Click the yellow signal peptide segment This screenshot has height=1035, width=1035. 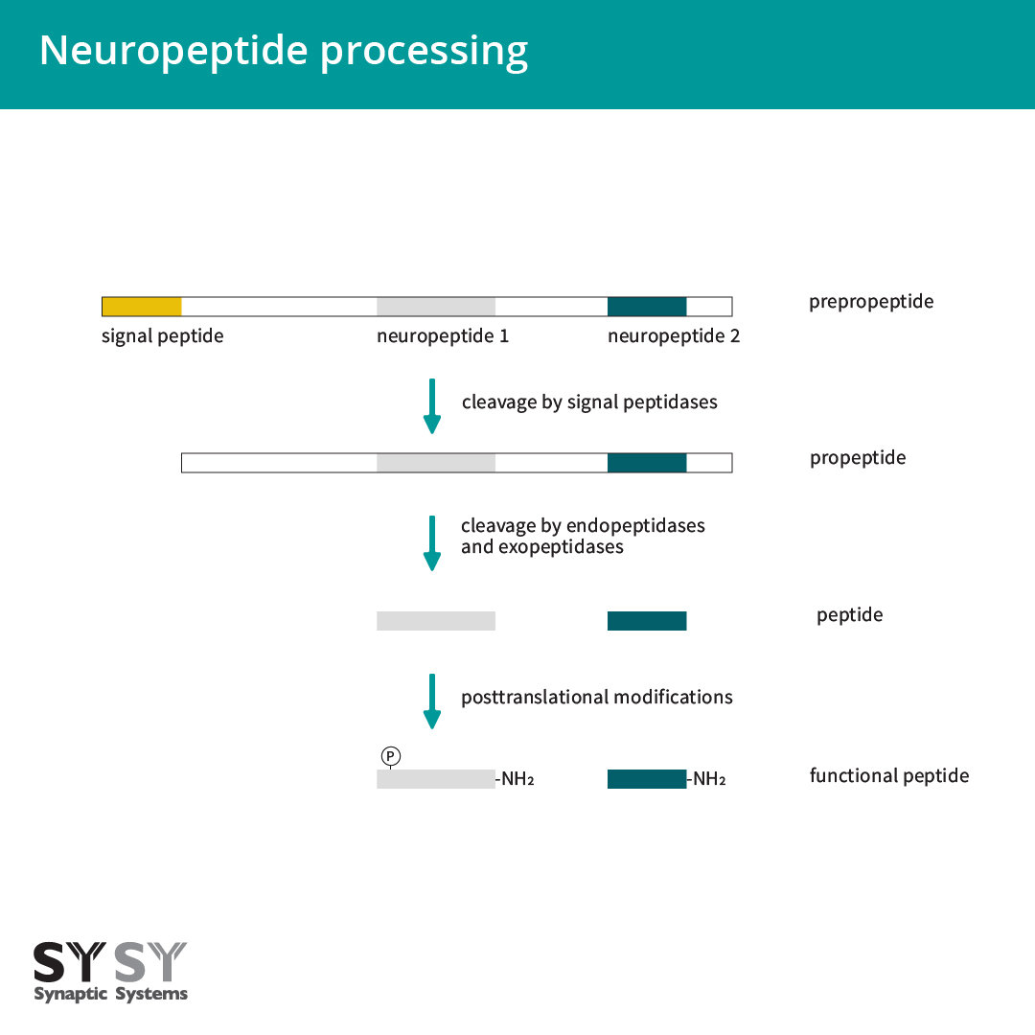coord(142,307)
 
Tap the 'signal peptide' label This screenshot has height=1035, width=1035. coord(162,336)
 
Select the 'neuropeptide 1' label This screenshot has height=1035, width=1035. coord(443,336)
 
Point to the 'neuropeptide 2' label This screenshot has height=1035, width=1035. coord(674,336)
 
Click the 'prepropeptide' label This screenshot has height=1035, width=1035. coord(871,302)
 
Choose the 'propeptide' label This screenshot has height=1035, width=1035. coord(858,458)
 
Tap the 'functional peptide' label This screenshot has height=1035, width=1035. coord(889,775)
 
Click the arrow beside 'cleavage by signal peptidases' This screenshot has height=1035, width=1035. coord(431,406)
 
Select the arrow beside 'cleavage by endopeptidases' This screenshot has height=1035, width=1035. coord(431,542)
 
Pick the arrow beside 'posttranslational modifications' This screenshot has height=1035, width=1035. coord(431,701)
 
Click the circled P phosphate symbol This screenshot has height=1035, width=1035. coord(391,756)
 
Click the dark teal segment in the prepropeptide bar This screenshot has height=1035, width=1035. coord(647,307)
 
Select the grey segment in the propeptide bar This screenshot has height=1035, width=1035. coord(436,463)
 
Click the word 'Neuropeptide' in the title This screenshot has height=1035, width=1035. coord(173,51)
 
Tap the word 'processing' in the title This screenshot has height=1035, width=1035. coord(424,52)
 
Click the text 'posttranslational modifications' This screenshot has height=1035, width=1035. coord(597,697)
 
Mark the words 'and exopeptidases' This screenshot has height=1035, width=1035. coord(541,547)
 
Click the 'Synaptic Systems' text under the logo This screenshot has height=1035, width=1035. coord(111,994)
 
